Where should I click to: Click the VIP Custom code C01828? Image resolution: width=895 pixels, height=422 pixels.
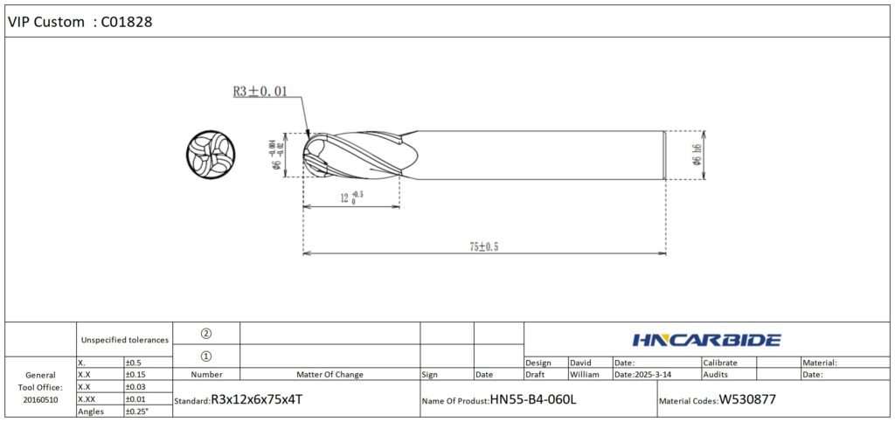(128, 22)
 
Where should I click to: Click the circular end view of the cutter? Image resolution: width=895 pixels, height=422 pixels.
(211, 155)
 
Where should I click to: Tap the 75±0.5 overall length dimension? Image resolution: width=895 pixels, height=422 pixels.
(482, 247)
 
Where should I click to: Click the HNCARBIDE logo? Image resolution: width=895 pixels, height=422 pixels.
(705, 340)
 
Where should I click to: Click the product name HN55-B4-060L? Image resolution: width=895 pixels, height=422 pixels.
(533, 399)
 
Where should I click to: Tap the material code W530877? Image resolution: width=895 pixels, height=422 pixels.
(747, 399)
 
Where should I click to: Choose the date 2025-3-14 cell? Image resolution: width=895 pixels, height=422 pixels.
(655, 374)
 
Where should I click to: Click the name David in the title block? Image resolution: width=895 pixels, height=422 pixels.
(581, 362)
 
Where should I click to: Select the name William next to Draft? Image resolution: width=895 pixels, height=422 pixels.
(585, 374)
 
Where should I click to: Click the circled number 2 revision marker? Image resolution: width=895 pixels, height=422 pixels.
(206, 333)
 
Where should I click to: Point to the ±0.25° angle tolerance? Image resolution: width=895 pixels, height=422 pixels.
(137, 411)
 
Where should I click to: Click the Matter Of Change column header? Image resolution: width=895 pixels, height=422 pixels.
(330, 374)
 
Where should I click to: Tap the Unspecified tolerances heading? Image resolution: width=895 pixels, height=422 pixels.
(124, 339)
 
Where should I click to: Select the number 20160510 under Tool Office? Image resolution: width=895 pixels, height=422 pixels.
(40, 399)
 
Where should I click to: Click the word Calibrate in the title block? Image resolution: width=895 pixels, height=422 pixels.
(720, 362)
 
